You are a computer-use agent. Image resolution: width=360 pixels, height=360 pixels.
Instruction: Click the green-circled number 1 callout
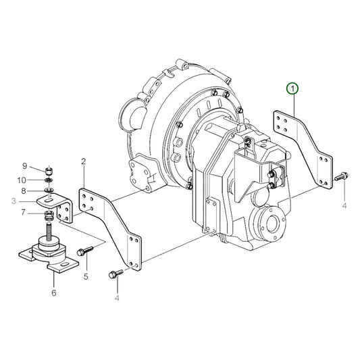tap(292, 88)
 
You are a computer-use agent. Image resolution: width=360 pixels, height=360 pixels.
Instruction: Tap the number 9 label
tap(25, 167)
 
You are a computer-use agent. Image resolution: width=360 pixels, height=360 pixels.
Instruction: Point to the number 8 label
tap(24, 191)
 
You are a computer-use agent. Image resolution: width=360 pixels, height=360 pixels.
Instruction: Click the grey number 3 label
tap(13, 201)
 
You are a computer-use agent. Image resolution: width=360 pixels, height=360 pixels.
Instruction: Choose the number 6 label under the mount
tap(53, 292)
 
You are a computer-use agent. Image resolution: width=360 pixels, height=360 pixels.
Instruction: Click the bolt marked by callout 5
tap(84, 251)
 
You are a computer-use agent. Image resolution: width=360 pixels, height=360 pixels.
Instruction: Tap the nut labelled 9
tap(49, 169)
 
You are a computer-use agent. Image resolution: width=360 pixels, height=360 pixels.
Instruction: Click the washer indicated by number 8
tap(49, 191)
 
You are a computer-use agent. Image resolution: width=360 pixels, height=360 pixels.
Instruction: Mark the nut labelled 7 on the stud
tap(49, 215)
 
